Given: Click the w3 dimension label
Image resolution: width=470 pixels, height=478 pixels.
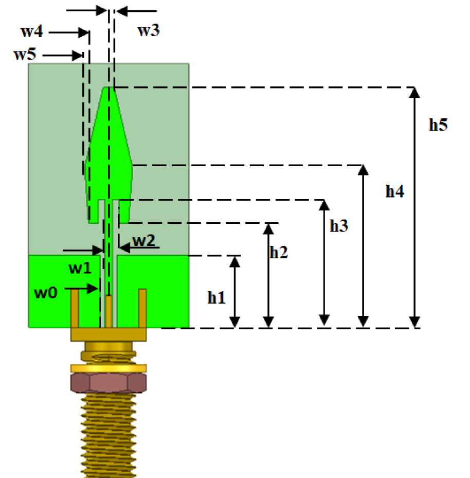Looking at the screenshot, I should click(149, 30).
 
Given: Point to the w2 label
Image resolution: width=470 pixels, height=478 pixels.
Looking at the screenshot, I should click(142, 240).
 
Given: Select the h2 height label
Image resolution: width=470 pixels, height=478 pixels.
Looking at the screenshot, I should click(278, 252).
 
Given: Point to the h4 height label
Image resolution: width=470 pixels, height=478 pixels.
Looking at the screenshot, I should click(395, 192).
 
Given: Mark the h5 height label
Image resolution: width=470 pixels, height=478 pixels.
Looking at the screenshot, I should click(438, 125).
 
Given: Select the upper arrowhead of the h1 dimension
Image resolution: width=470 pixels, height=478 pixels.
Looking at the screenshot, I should click(234, 260).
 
